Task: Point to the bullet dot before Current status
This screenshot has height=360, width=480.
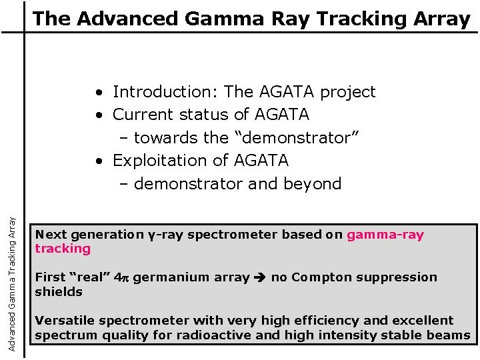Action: [98, 115]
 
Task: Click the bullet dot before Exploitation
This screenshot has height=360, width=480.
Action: [98, 161]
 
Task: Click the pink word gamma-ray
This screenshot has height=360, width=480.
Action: [385, 235]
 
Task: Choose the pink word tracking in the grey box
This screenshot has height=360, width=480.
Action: [63, 249]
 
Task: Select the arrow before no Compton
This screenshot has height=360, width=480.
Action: [260, 277]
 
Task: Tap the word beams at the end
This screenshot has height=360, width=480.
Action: [449, 335]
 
